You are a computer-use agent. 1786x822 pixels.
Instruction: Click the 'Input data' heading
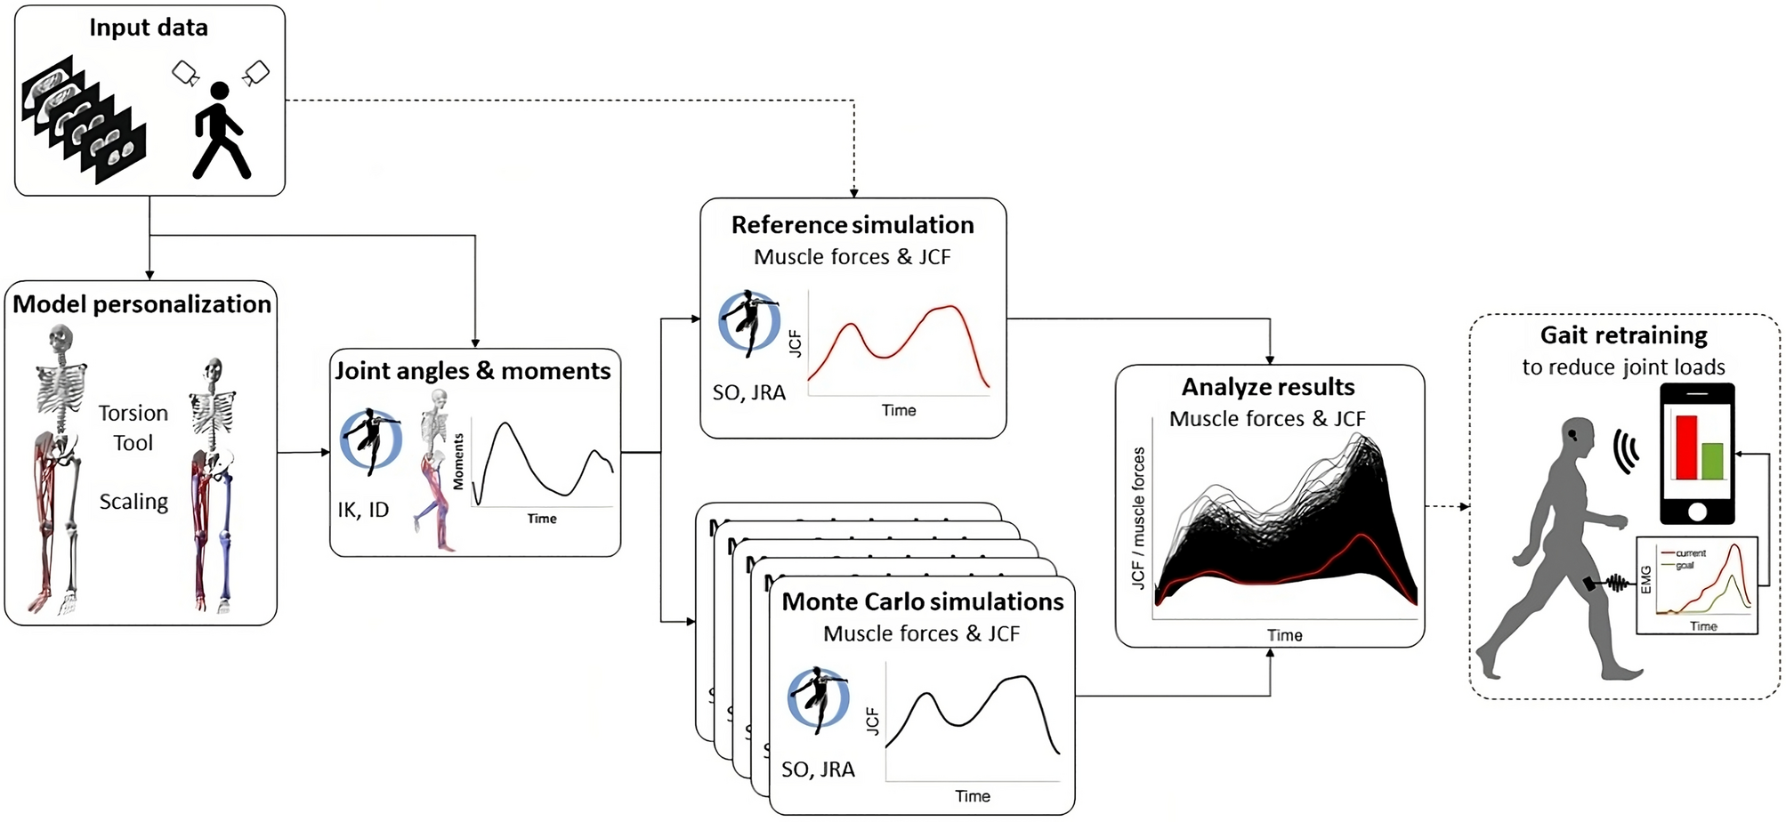pyautogui.click(x=149, y=28)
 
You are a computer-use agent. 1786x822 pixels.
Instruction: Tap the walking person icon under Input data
pyautogui.click(x=220, y=131)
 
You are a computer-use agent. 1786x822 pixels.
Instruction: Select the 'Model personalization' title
pyautogui.click(x=141, y=304)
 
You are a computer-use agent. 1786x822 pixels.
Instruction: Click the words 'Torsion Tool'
pyautogui.click(x=133, y=428)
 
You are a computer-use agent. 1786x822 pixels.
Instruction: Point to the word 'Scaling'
pyautogui.click(x=133, y=502)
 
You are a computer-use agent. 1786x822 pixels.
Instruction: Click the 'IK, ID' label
pyautogui.click(x=363, y=510)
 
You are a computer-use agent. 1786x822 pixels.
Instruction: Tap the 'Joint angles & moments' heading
pyautogui.click(x=473, y=371)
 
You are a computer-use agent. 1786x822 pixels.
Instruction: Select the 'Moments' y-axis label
pyautogui.click(x=458, y=462)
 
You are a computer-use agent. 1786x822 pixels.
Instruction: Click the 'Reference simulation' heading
pyautogui.click(x=853, y=225)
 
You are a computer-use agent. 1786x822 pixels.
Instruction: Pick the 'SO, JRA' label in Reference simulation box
pyautogui.click(x=748, y=392)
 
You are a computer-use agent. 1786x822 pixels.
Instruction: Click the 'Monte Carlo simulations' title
pyautogui.click(x=922, y=602)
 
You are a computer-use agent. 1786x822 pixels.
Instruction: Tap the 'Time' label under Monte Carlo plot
pyautogui.click(x=973, y=796)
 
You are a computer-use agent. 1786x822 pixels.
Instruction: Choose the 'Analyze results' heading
pyautogui.click(x=1268, y=387)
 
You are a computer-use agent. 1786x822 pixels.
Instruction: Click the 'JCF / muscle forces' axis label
pyautogui.click(x=1137, y=518)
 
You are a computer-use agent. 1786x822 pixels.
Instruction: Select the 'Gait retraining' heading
pyautogui.click(x=1623, y=335)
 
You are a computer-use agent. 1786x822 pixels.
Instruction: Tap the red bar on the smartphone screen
pyautogui.click(x=1686, y=447)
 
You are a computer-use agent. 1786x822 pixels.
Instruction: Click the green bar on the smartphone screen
pyautogui.click(x=1712, y=461)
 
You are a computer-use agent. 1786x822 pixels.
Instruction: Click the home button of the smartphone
pyautogui.click(x=1697, y=512)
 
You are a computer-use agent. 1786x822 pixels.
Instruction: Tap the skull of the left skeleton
pyautogui.click(x=60, y=339)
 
